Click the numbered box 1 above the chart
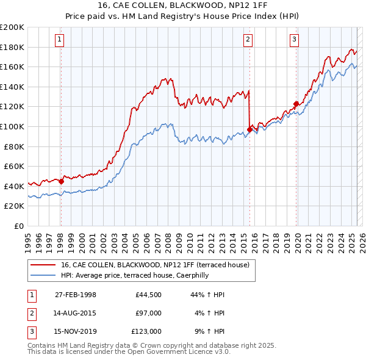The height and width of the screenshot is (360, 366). click(60, 40)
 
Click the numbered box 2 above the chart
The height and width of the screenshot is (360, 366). click(248, 40)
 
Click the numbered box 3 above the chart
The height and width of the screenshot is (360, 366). click(294, 40)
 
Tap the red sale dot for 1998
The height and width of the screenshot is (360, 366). click(61, 181)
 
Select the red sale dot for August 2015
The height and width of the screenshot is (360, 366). click(249, 129)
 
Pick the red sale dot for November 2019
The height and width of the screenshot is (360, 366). click(296, 104)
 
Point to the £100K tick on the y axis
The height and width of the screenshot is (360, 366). click(13, 126)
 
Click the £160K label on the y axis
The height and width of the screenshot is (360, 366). click(13, 67)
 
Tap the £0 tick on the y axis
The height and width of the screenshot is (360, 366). click(18, 226)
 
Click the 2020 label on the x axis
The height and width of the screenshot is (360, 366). click(297, 239)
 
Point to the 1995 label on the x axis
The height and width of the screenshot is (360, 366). click(28, 239)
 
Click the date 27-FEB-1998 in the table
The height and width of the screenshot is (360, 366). click(76, 295)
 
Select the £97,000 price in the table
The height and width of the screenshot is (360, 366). click(149, 313)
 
